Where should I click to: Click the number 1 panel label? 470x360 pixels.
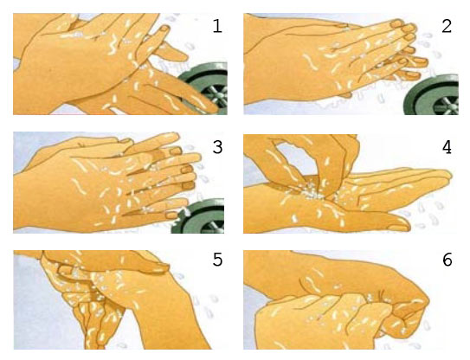[x=217, y=26]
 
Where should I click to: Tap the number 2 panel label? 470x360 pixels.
[x=447, y=26]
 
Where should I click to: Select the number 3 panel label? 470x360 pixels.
[x=217, y=147]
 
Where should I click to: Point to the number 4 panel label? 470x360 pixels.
[x=447, y=147]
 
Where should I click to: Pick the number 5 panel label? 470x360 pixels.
[x=217, y=260]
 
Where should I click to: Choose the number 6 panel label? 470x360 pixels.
[x=447, y=260]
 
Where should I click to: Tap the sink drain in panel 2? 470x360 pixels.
[x=433, y=95]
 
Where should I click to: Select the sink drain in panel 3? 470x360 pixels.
[x=199, y=216]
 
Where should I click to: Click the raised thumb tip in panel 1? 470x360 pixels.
[x=164, y=29]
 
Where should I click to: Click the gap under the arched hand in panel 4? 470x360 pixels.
[x=288, y=159]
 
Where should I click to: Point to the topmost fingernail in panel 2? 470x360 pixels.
[x=398, y=22]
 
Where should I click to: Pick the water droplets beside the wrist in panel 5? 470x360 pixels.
[x=207, y=305]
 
